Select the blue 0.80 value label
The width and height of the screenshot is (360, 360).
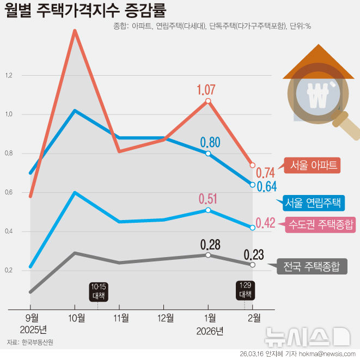pyautogui.click(x=210, y=143)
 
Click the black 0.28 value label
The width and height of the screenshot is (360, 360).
pyautogui.click(x=210, y=245)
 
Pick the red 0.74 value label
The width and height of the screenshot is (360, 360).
pyautogui.click(x=265, y=173)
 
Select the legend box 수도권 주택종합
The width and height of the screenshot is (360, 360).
pyautogui.click(x=320, y=224)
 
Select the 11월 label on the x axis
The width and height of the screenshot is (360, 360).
pyautogui.click(x=121, y=318)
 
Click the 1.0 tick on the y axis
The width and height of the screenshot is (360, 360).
pyautogui.click(x=8, y=114)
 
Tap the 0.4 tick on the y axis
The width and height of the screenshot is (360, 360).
pyautogui.click(x=8, y=231)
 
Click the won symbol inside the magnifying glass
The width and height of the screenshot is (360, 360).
pyautogui.click(x=316, y=96)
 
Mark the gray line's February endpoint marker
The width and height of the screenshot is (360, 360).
pyautogui.click(x=252, y=265)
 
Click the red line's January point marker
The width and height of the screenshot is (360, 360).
pyautogui.click(x=208, y=101)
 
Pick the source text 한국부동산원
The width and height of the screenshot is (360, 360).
pyautogui.click(x=38, y=343)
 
